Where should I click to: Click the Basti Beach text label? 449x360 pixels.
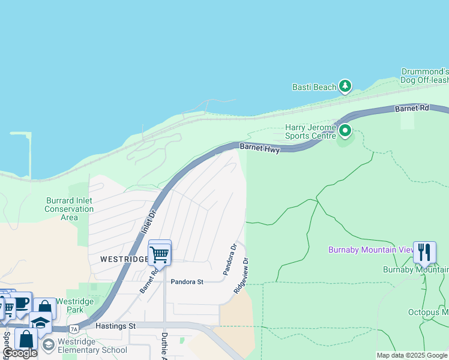(314, 87)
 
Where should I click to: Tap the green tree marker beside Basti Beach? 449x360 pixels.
(345, 87)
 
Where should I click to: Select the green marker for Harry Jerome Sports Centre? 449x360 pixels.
(345, 130)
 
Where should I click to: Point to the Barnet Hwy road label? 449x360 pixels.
(259, 148)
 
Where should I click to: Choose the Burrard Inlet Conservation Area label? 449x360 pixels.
(69, 209)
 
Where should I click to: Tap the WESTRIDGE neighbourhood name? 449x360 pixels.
(124, 259)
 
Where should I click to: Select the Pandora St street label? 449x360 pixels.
(187, 281)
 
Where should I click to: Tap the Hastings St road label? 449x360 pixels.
(115, 326)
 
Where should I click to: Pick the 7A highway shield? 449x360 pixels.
(74, 329)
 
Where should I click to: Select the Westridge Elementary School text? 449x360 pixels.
(93, 350)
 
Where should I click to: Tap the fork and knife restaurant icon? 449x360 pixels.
(424, 252)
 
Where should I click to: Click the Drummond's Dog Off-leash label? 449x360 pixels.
(424, 76)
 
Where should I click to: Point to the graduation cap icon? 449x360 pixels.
(40, 323)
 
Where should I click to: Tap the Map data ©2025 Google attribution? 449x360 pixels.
(412, 355)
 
